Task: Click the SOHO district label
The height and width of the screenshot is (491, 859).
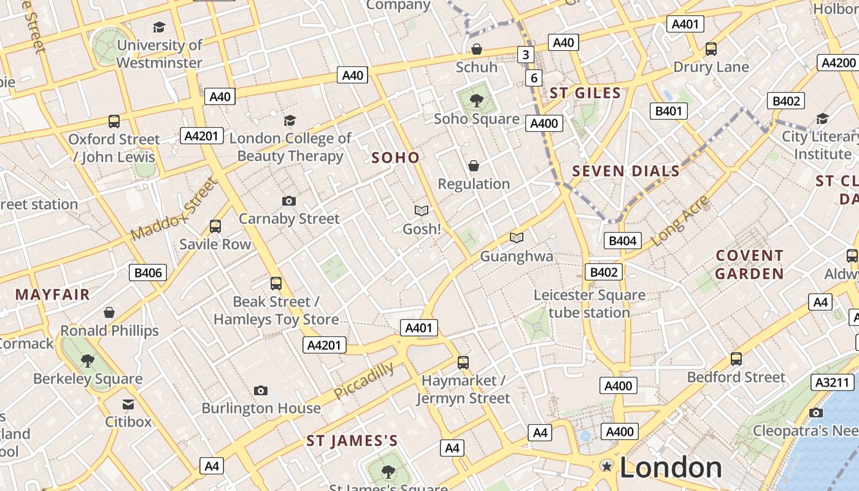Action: pyautogui.click(x=396, y=158)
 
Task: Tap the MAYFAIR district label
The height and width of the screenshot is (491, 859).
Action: pyautogui.click(x=53, y=295)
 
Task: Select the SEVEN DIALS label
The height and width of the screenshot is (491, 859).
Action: pyautogui.click(x=626, y=171)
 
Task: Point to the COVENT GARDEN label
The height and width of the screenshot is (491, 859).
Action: pyautogui.click(x=749, y=265)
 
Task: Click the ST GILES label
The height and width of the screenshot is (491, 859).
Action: pyautogui.click(x=585, y=93)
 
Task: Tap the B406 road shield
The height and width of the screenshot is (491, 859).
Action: pyautogui.click(x=148, y=273)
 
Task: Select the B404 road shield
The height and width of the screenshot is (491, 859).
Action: pyautogui.click(x=622, y=241)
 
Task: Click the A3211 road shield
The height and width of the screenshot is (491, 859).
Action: pyautogui.click(x=833, y=382)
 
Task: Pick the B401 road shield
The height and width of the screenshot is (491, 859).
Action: pyautogui.click(x=669, y=111)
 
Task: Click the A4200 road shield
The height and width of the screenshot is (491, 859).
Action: pyautogui.click(x=838, y=63)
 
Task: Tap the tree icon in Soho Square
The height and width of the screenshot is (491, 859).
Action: pyautogui.click(x=476, y=101)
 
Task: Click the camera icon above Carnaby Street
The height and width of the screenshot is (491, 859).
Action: pyautogui.click(x=289, y=201)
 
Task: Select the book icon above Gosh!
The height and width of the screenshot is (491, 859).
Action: pyautogui.click(x=422, y=211)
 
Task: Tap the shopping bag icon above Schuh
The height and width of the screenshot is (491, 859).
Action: pyautogui.click(x=476, y=49)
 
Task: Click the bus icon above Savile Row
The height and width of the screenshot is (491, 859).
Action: pyautogui.click(x=215, y=226)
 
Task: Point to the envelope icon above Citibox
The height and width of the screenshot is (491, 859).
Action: pyautogui.click(x=128, y=404)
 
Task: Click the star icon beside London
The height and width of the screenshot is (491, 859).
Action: pyautogui.click(x=607, y=467)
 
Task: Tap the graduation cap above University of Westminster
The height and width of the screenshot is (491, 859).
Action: pyautogui.click(x=159, y=27)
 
